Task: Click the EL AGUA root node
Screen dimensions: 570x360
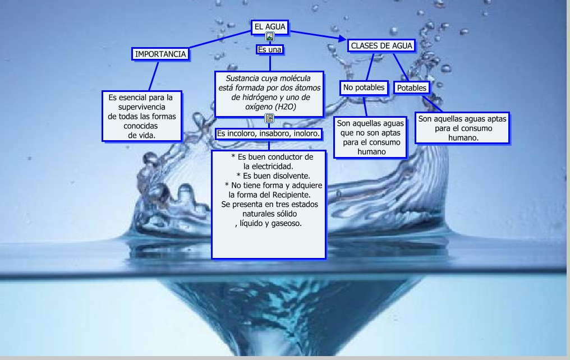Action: [x=270, y=26]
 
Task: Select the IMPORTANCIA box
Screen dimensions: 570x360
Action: [x=160, y=54]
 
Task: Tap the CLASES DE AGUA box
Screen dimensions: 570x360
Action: [x=381, y=45]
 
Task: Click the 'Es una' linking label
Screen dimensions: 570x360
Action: [x=269, y=49]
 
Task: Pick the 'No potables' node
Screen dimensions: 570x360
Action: [x=364, y=87]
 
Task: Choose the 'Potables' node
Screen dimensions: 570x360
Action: [x=412, y=88]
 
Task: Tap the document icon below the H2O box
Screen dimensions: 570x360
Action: [x=269, y=118]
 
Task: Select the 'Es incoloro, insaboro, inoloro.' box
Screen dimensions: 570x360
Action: [x=269, y=134]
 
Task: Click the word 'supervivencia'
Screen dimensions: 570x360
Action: [x=141, y=107]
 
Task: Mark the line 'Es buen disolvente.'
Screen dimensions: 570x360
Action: [x=272, y=176]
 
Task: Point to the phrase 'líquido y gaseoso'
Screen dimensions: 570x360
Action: [x=271, y=223]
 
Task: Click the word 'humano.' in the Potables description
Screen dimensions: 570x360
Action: [x=463, y=138]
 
